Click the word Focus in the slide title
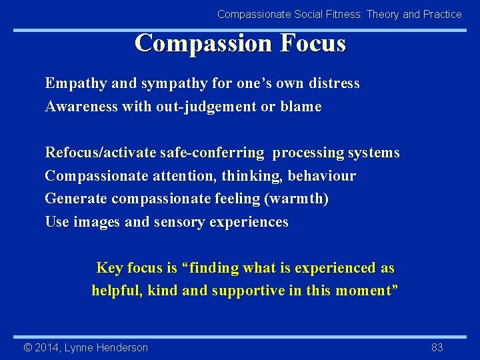click(313, 43)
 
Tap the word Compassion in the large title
click(203, 43)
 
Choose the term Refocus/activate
click(101, 153)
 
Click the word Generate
click(76, 199)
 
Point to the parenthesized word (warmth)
click(306, 199)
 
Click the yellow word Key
click(109, 268)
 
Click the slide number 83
click(437, 347)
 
